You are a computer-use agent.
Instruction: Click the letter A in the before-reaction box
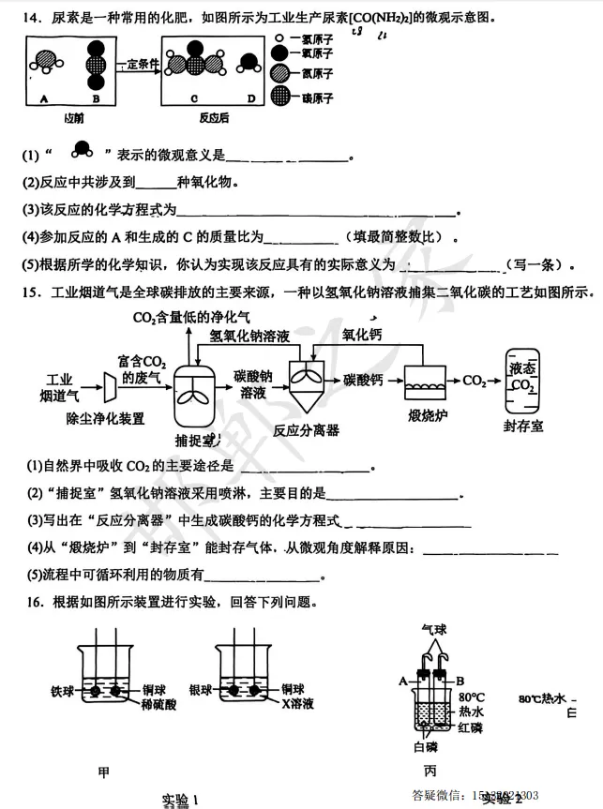tap(44, 97)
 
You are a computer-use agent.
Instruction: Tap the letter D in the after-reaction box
tap(250, 97)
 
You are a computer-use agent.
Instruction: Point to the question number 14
tap(25, 18)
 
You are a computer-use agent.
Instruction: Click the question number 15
tap(26, 292)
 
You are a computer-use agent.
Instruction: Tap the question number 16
tap(26, 602)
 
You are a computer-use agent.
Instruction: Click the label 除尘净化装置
tap(105, 418)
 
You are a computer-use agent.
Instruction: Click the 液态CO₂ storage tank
tap(523, 378)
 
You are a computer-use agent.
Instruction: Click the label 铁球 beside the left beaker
tap(63, 691)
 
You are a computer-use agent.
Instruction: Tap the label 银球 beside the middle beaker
tap(201, 691)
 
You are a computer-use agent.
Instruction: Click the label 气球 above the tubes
tap(436, 631)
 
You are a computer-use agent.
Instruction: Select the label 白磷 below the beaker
tap(426, 747)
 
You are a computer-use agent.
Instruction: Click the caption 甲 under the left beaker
tap(104, 772)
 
